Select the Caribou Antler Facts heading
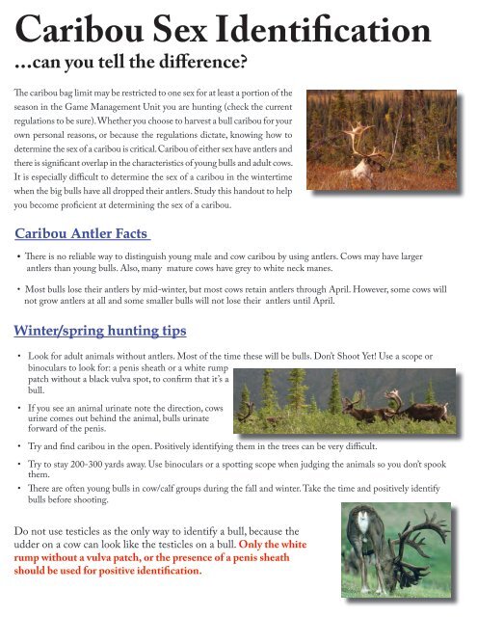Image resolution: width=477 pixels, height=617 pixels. pos(84,230)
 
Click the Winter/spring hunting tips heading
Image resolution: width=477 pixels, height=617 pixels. pos(100,331)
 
